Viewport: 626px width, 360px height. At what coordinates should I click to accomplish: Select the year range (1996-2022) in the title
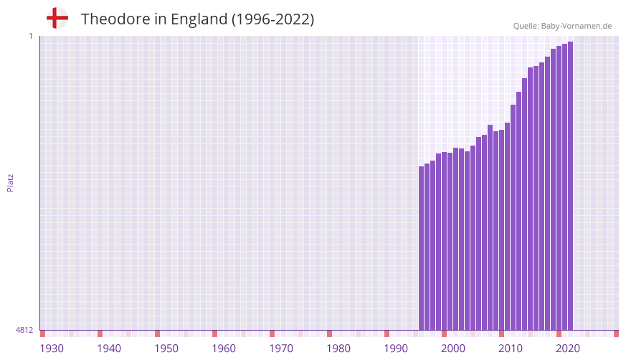point(273,19)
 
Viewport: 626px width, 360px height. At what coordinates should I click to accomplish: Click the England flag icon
point(57,18)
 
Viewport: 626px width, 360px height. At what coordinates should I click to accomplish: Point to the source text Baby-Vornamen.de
point(577,26)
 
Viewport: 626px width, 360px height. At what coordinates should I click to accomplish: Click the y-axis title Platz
point(10,182)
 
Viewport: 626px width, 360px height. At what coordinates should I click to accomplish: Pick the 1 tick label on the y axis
point(30,36)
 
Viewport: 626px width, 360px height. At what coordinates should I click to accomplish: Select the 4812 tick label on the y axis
point(24,330)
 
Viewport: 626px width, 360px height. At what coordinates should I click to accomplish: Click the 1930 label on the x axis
point(52,349)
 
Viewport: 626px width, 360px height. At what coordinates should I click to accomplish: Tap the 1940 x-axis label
point(109,349)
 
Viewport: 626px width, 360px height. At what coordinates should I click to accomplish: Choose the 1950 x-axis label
point(166,349)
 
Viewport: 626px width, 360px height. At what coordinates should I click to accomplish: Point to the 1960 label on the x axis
point(224,349)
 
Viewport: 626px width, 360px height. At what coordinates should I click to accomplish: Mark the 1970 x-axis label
point(281,349)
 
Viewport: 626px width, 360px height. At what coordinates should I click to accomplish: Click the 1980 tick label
point(338,349)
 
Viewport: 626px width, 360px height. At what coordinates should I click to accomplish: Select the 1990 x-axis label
point(396,349)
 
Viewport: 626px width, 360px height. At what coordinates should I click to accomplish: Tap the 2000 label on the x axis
point(453,349)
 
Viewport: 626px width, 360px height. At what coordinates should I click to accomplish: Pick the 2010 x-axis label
point(511,349)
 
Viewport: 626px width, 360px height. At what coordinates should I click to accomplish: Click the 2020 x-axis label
point(568,349)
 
